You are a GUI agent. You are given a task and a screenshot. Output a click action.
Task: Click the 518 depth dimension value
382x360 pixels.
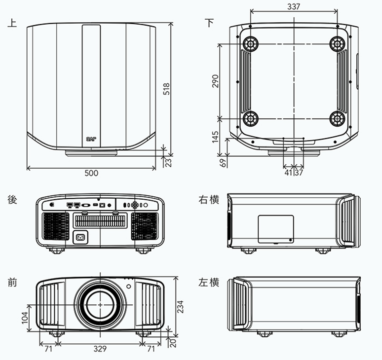pos(167,89)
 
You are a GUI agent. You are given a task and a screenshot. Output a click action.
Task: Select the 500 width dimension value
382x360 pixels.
pos(91,173)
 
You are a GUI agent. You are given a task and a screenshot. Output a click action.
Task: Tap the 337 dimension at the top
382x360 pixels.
pos(294,6)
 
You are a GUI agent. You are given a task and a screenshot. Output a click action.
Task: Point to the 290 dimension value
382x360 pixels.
pos(216,81)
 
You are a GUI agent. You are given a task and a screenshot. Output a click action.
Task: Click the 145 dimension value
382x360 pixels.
pos(216,137)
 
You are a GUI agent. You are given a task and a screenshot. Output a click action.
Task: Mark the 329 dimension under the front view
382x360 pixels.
pos(100,349)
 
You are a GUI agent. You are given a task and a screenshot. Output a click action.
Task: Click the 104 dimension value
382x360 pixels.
pos(25,318)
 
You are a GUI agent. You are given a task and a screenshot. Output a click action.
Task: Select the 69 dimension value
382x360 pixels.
pos(223,163)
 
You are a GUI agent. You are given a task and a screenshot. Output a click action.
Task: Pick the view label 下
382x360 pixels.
pos(210,23)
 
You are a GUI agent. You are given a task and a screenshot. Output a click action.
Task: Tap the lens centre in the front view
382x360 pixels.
pos(100,305)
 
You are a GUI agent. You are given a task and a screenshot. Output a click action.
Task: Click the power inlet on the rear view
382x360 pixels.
pos(79,238)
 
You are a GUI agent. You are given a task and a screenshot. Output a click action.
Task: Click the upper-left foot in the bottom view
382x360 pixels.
pos(250,44)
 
